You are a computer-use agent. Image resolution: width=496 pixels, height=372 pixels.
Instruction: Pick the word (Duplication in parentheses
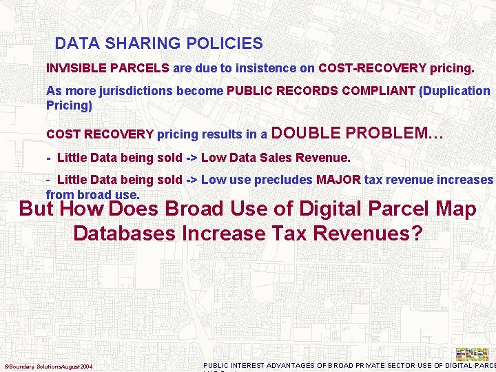(x=454, y=91)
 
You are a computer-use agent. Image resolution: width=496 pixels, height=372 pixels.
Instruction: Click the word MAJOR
(x=338, y=180)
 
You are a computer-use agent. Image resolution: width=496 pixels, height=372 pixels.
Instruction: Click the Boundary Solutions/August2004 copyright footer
(x=49, y=366)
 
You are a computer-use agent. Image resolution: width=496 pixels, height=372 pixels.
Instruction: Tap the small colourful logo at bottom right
(x=473, y=353)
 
